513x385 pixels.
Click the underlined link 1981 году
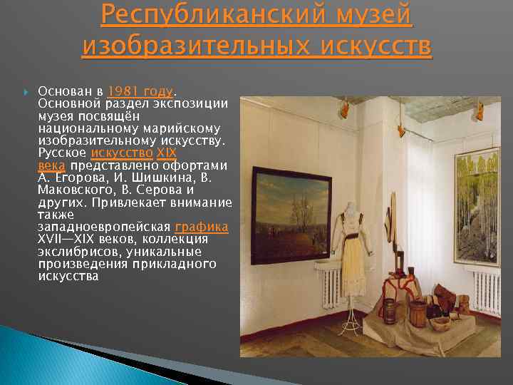pyautogui.click(x=140, y=91)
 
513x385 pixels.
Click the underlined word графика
pyautogui.click(x=202, y=227)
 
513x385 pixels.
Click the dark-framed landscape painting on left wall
pyautogui.click(x=290, y=214)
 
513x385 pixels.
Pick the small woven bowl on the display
pyautogui.click(x=440, y=324)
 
